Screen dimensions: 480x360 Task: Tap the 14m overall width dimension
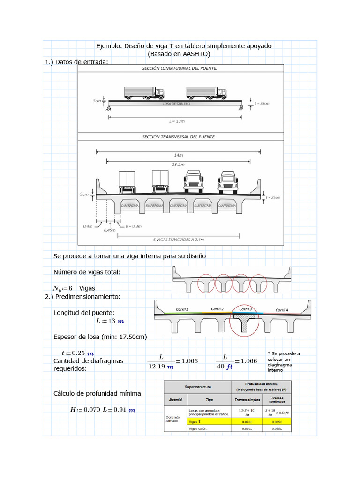pos(179,154)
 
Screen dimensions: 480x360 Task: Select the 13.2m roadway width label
pos(179,165)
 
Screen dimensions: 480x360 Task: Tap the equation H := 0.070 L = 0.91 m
pos(102,410)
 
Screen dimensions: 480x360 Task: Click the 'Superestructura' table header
pos(197,387)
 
